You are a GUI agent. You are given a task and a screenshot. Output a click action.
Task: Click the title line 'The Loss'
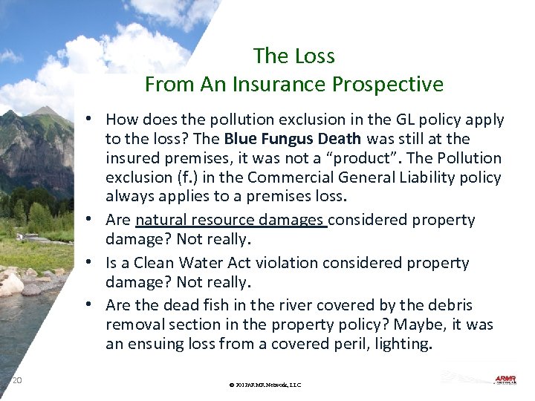coord(294,56)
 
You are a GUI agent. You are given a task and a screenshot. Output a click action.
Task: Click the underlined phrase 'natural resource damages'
coord(231,220)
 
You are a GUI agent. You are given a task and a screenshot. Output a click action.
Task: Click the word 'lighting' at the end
coord(402,344)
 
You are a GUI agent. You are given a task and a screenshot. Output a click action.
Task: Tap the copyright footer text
coord(265,385)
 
